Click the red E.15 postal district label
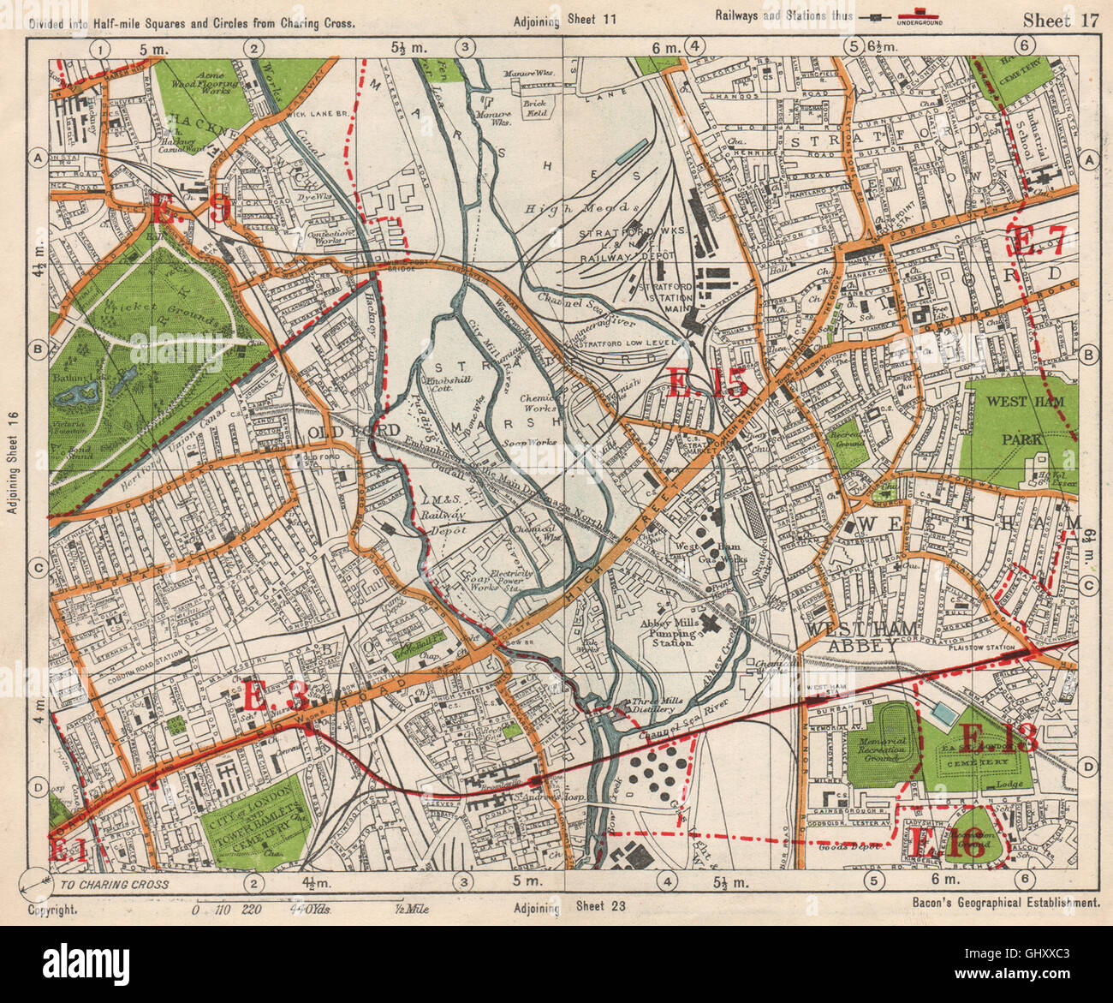708,383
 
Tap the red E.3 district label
275,695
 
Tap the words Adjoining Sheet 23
561,907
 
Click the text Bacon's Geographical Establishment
1000,903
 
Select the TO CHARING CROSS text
115,884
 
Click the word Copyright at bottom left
52,906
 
